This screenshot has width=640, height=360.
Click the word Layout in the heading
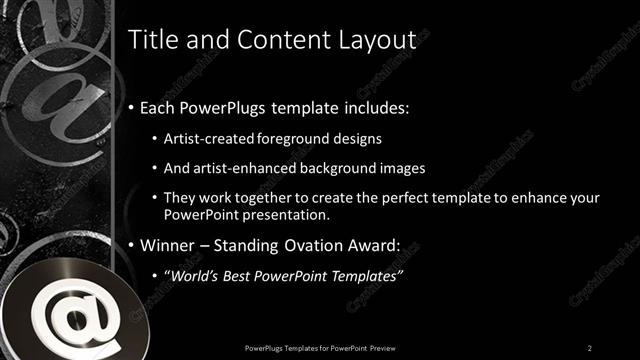376,40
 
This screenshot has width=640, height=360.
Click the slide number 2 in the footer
590,347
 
